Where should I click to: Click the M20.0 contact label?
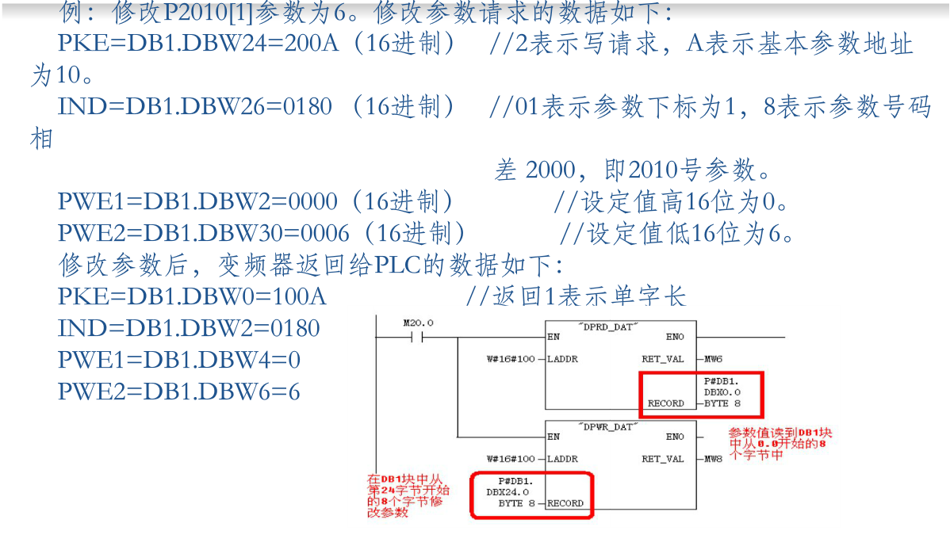[x=419, y=323]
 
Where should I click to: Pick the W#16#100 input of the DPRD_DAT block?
[x=510, y=359]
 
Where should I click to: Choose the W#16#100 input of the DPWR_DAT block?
[x=510, y=459]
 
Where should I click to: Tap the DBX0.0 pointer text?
[x=722, y=392]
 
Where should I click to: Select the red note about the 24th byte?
[x=404, y=496]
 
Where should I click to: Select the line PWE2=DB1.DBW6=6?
[x=178, y=391]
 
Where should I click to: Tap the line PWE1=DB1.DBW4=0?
[x=178, y=360]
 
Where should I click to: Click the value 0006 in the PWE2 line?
[x=319, y=233]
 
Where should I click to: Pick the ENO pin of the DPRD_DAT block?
[x=675, y=337]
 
